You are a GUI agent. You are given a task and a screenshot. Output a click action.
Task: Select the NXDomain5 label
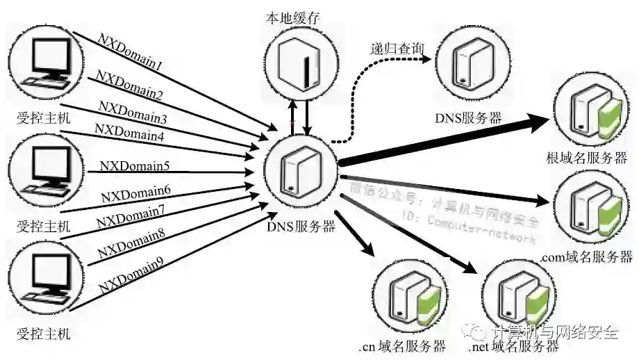[x=135, y=166]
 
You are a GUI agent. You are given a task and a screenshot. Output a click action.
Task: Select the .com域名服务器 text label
[x=587, y=256]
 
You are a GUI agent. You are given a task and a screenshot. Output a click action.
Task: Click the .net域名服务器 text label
[x=514, y=346]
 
